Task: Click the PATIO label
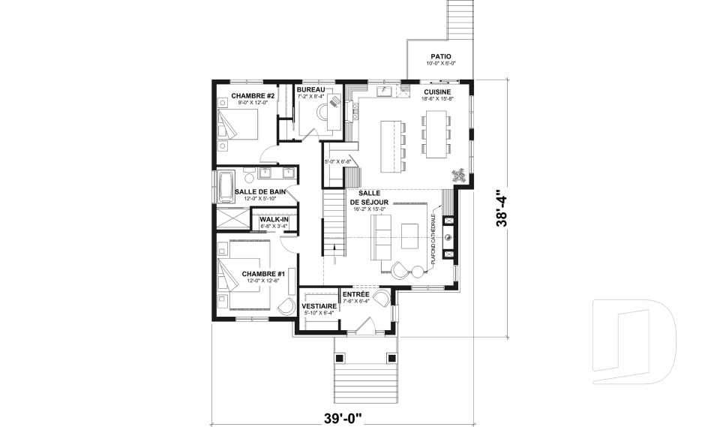click(x=440, y=56)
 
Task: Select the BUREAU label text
click(x=310, y=90)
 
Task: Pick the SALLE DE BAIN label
click(x=259, y=192)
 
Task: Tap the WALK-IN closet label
click(x=274, y=219)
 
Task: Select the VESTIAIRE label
click(x=318, y=306)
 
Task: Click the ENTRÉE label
click(x=355, y=294)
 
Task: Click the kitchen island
click(x=391, y=144)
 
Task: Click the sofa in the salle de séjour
click(x=381, y=237)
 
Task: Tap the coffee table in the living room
click(x=409, y=236)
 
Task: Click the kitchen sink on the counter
click(x=382, y=92)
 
